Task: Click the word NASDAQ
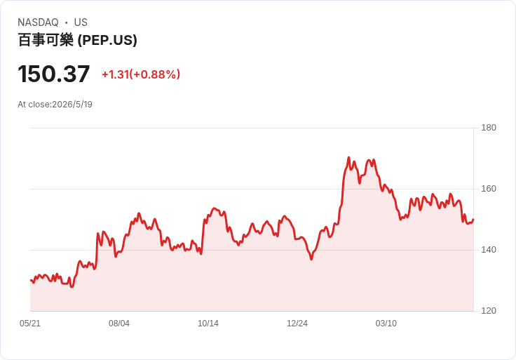pos(38,22)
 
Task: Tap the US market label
pos(81,22)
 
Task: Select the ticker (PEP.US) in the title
pos(107,40)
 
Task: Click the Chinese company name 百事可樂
pos(46,40)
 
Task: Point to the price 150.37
pos(54,74)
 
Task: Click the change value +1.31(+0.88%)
pos(141,74)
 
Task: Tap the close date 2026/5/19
pos(72,105)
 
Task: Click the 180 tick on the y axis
pos(489,128)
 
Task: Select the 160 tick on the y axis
pos(489,189)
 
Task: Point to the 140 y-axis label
pos(489,250)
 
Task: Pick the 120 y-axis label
pos(489,311)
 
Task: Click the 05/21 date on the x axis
pos(30,324)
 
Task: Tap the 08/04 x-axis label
pos(119,324)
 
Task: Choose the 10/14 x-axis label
pos(208,324)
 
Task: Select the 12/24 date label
pos(297,324)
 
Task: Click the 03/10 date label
pos(386,324)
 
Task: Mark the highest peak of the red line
pos(349,157)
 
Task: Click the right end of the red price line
pos(473,220)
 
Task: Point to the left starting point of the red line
pos(31,280)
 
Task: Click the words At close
pos(34,105)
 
